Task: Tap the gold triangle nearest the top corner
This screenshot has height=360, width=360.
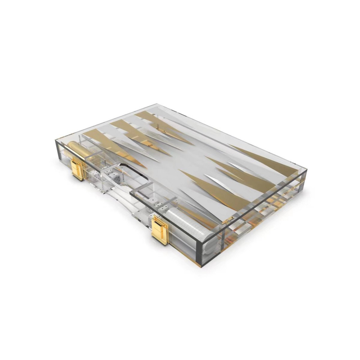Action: tap(150, 118)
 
